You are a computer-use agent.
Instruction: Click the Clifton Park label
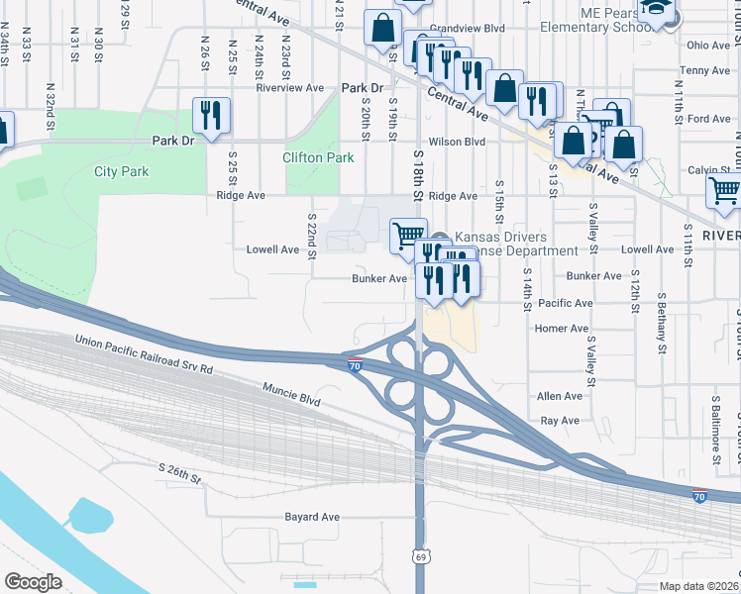click(318, 157)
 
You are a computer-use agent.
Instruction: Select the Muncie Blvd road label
click(292, 395)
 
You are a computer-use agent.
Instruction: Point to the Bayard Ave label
click(312, 517)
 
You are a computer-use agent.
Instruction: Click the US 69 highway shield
click(421, 557)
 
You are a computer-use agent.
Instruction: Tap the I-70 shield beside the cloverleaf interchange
click(355, 365)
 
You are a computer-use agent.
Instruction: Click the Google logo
click(32, 581)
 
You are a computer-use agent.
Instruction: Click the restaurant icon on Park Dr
click(211, 115)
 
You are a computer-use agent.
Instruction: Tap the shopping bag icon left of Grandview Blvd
click(382, 30)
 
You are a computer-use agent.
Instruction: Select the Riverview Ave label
click(290, 87)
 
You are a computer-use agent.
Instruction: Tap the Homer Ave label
click(561, 329)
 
